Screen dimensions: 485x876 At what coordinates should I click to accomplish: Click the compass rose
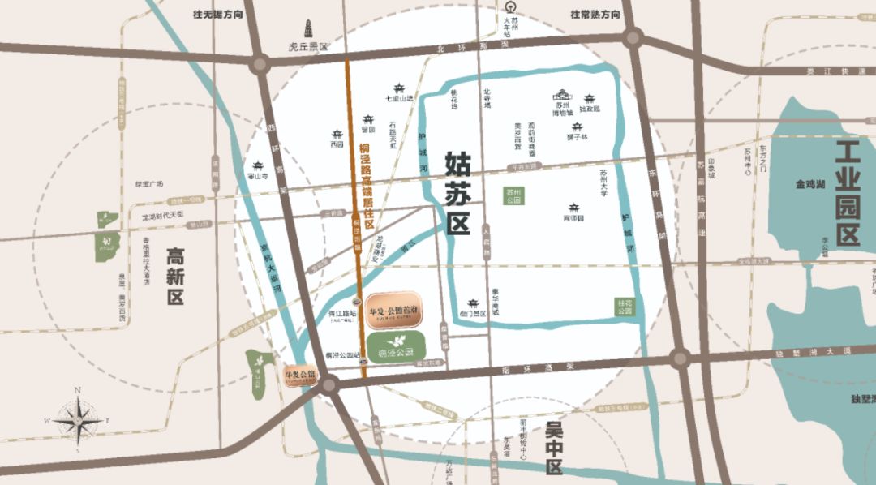tap(79, 421)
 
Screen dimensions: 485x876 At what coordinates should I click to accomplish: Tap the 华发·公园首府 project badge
tap(393, 311)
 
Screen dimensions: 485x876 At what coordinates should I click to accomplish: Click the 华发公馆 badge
tap(300, 376)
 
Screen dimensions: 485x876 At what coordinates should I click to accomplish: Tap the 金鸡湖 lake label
tap(810, 185)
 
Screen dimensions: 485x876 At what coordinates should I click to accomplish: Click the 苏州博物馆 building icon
tap(562, 96)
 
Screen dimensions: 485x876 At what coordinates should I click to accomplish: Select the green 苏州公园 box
tap(513, 195)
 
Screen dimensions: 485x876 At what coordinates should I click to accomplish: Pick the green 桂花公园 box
tap(623, 307)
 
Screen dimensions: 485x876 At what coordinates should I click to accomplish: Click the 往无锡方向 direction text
tap(217, 14)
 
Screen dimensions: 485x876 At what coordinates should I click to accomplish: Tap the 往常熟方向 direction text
tap(595, 14)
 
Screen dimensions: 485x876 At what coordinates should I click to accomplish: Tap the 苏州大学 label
tap(603, 183)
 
